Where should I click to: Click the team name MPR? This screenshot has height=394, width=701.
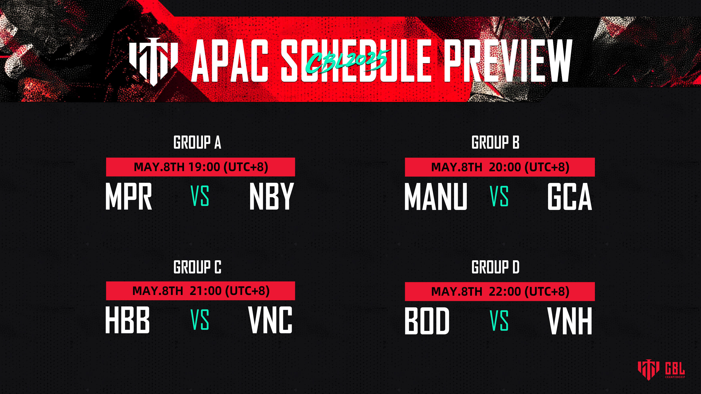click(129, 196)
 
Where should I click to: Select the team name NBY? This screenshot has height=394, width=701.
click(272, 196)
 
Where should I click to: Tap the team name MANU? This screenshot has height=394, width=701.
click(436, 196)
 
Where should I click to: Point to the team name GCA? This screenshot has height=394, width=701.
click(570, 196)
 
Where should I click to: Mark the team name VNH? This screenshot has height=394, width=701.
click(570, 321)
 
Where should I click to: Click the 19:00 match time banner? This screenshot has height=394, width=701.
click(201, 167)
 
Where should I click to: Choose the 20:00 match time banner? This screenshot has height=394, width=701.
click(500, 167)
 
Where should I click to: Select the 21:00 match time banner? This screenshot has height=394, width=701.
click(201, 291)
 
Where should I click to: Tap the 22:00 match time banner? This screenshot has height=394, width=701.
click(500, 291)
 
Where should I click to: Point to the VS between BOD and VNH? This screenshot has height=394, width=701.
click(499, 320)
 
